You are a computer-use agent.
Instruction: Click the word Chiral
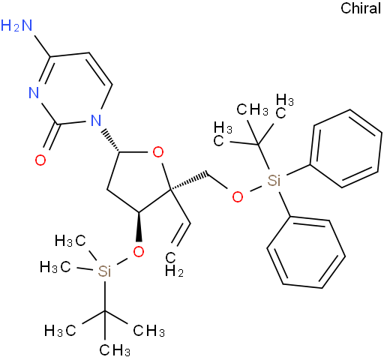[x=361, y=8]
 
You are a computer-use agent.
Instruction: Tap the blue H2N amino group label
[x=16, y=25]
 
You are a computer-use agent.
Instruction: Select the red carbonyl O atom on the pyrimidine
[x=40, y=160]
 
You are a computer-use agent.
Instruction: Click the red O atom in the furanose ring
[x=158, y=152]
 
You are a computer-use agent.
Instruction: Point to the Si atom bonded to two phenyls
[x=274, y=180]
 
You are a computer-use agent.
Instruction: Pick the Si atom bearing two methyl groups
[x=104, y=271]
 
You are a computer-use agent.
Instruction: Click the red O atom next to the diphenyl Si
[x=238, y=197]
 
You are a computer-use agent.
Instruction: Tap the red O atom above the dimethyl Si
[x=139, y=251]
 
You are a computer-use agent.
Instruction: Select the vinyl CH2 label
[x=174, y=265]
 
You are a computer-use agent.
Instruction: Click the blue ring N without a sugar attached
[x=34, y=93]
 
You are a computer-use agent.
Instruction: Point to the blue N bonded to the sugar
[x=96, y=120]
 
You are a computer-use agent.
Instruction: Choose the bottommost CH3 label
[x=115, y=349]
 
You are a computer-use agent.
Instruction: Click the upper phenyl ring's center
[x=346, y=148]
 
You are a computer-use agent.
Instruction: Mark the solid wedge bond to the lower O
[x=139, y=226]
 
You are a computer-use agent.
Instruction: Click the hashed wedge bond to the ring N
[x=110, y=141]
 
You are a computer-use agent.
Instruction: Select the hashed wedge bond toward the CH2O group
[x=189, y=181]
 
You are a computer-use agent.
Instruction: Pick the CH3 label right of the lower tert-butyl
[x=149, y=331]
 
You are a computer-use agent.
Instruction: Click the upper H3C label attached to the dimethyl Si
[x=70, y=241]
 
